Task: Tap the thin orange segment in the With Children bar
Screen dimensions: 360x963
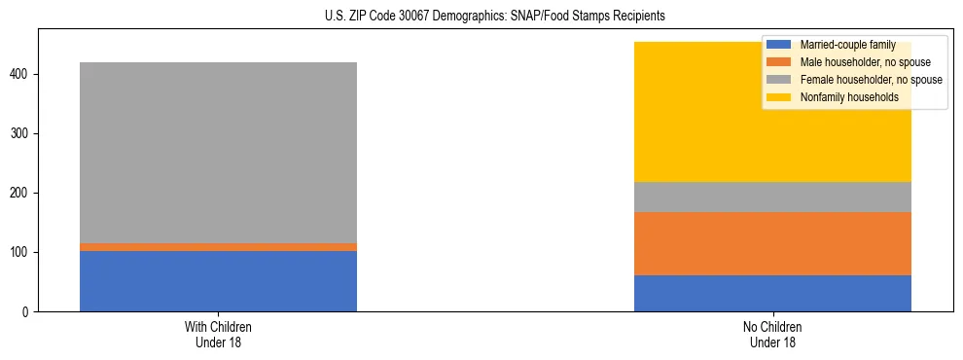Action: [218, 247]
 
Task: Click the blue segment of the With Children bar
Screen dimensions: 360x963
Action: [218, 281]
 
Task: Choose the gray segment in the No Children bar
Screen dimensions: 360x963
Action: [772, 198]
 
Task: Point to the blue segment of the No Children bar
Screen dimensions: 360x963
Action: [772, 293]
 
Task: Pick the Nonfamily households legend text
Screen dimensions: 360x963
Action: [842, 97]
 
